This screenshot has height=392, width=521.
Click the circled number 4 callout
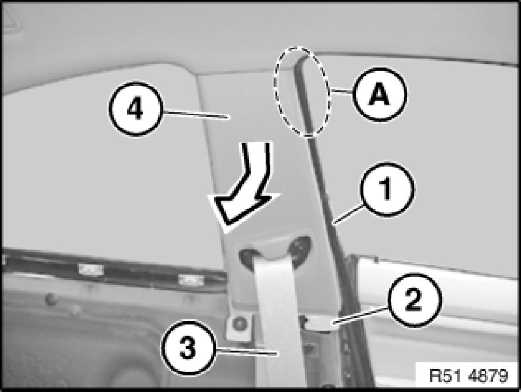pos(136,109)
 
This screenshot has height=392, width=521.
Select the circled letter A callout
pos(380,94)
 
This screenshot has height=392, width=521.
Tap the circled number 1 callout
pos(386,190)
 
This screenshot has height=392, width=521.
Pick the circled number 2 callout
pos(414,300)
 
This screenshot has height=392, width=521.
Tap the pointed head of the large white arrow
pos(226,229)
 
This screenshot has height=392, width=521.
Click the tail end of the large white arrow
pos(257,143)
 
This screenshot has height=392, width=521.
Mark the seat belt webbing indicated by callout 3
pos(277,319)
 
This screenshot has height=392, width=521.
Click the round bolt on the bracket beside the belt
pos(239,323)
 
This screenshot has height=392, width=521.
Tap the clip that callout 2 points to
pos(319,323)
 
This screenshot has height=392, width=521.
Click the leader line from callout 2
pos(360,315)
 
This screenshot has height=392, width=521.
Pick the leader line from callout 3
pos(247,352)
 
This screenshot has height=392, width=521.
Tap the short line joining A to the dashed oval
pos(342,90)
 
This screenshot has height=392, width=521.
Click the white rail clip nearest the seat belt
pos(191,280)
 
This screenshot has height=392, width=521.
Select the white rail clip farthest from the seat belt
pos(91,268)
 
